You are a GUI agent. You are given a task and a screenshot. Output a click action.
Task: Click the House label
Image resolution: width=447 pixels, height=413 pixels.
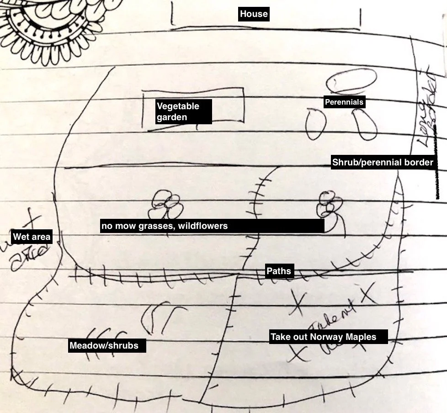tap(254, 14)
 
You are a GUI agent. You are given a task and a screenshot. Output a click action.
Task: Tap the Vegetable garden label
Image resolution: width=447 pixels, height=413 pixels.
tap(178, 111)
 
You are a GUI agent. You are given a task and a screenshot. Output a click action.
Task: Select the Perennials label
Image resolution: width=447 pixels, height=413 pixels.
tap(344, 102)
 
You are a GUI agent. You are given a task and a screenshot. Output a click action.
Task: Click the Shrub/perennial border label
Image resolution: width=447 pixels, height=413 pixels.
tap(383, 162)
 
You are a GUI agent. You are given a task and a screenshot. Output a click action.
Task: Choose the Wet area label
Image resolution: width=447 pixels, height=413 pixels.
tap(32, 237)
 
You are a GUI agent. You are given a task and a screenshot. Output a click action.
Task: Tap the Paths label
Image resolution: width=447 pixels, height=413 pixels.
tap(278, 271)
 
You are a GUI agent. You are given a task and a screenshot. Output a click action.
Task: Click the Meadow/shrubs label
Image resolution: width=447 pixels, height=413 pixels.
tap(104, 345)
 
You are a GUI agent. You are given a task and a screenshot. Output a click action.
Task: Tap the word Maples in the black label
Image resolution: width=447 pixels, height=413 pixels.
tap(361, 337)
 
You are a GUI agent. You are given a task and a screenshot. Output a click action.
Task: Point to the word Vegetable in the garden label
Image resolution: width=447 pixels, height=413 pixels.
tap(178, 106)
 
